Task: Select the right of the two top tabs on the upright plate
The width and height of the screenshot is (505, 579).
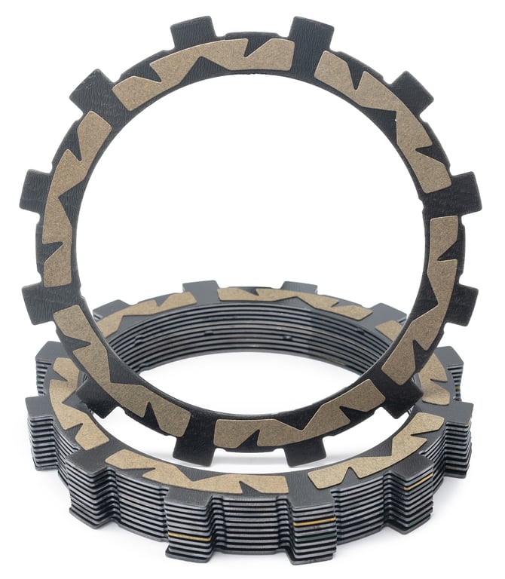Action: click(x=310, y=32)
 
